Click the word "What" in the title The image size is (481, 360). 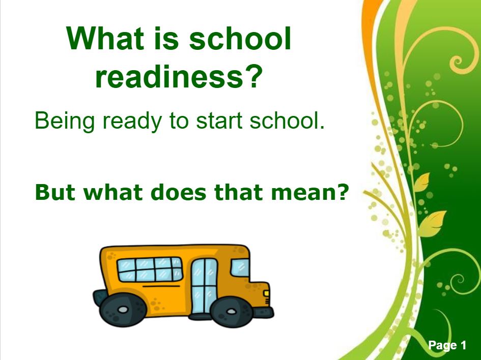click(105, 39)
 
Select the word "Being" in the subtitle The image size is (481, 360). click(65, 121)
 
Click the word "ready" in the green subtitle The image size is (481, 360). click(132, 121)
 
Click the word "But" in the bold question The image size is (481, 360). click(55, 192)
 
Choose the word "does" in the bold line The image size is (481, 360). click(178, 192)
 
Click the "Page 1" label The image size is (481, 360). click(447, 345)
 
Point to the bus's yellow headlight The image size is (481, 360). click(266, 293)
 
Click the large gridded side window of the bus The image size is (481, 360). click(150, 269)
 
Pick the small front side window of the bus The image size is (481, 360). click(240, 267)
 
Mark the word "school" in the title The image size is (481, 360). click(240, 39)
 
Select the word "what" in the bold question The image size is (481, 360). click(113, 192)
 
